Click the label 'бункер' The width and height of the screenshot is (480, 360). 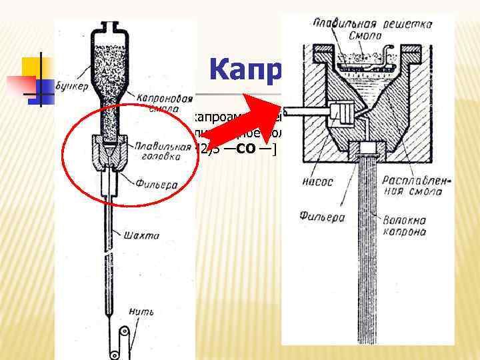click(70, 85)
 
